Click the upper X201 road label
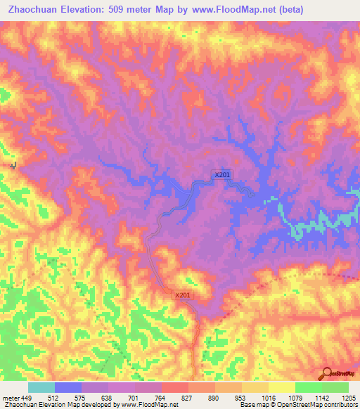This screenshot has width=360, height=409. [x=222, y=174]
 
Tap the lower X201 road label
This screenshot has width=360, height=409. [x=183, y=296]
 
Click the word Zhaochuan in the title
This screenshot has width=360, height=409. [x=33, y=10]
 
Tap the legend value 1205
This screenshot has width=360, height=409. [x=340, y=397]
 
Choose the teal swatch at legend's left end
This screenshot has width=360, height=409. [x=41, y=387]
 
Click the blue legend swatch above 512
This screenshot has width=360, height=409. [x=68, y=387]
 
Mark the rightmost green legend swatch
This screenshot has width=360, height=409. [x=335, y=387]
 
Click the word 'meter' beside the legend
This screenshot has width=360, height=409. [x=10, y=397]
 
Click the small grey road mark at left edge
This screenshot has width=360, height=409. [x=13, y=165]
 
